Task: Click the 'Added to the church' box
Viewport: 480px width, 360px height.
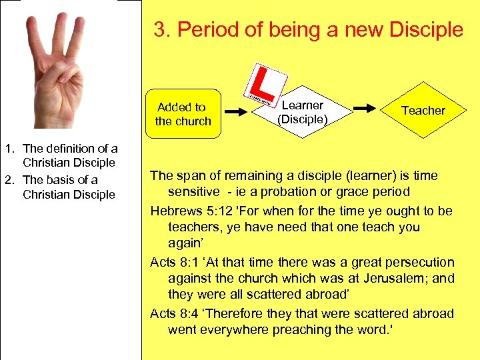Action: (x=183, y=114)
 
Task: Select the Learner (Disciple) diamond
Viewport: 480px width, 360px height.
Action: (x=303, y=112)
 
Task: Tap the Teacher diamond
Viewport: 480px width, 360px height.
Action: (x=423, y=111)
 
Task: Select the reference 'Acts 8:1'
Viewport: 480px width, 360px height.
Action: (x=171, y=262)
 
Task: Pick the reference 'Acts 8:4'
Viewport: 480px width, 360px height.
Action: (x=171, y=313)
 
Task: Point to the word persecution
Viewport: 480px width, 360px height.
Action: (x=419, y=262)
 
